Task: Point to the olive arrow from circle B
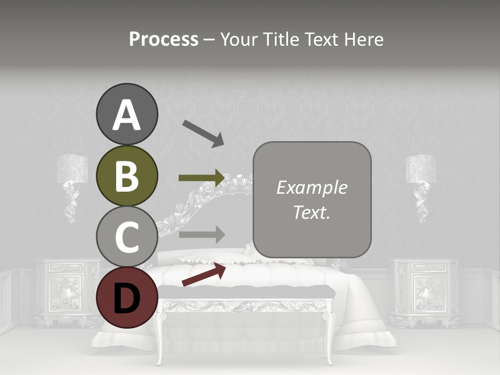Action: pos(202,178)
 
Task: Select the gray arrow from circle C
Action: pos(202,234)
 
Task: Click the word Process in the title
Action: pos(164,39)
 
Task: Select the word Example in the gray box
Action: pos(311,187)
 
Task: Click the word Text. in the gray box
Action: pos(311,212)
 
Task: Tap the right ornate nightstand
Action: pos(424,292)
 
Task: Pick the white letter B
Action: pos(127,176)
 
